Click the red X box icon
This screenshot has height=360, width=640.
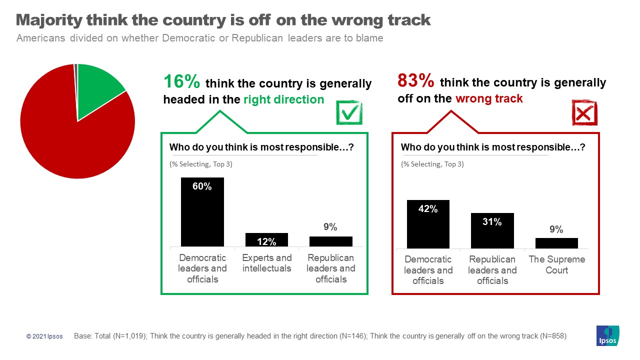pyautogui.click(x=584, y=113)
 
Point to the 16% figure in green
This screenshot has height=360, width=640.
pyautogui.click(x=182, y=82)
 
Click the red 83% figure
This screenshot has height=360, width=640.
pyautogui.click(x=416, y=80)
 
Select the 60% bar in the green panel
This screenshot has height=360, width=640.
pyautogui.click(x=202, y=212)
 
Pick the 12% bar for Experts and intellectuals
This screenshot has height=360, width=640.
pyautogui.click(x=266, y=239)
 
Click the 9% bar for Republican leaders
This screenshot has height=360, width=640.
pyautogui.click(x=331, y=241)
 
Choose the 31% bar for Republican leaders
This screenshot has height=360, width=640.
pyautogui.click(x=492, y=230)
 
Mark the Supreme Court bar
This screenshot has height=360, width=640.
pyautogui.click(x=556, y=243)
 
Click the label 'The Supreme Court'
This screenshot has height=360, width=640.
pyautogui.click(x=556, y=265)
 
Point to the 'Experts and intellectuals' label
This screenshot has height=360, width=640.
pyautogui.click(x=266, y=263)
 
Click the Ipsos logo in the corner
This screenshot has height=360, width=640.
pyautogui.click(x=607, y=335)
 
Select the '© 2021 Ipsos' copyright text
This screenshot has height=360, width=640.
pyautogui.click(x=44, y=336)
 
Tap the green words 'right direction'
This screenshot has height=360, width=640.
pyautogui.click(x=283, y=99)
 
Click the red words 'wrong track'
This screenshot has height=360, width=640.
pyautogui.click(x=488, y=98)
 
